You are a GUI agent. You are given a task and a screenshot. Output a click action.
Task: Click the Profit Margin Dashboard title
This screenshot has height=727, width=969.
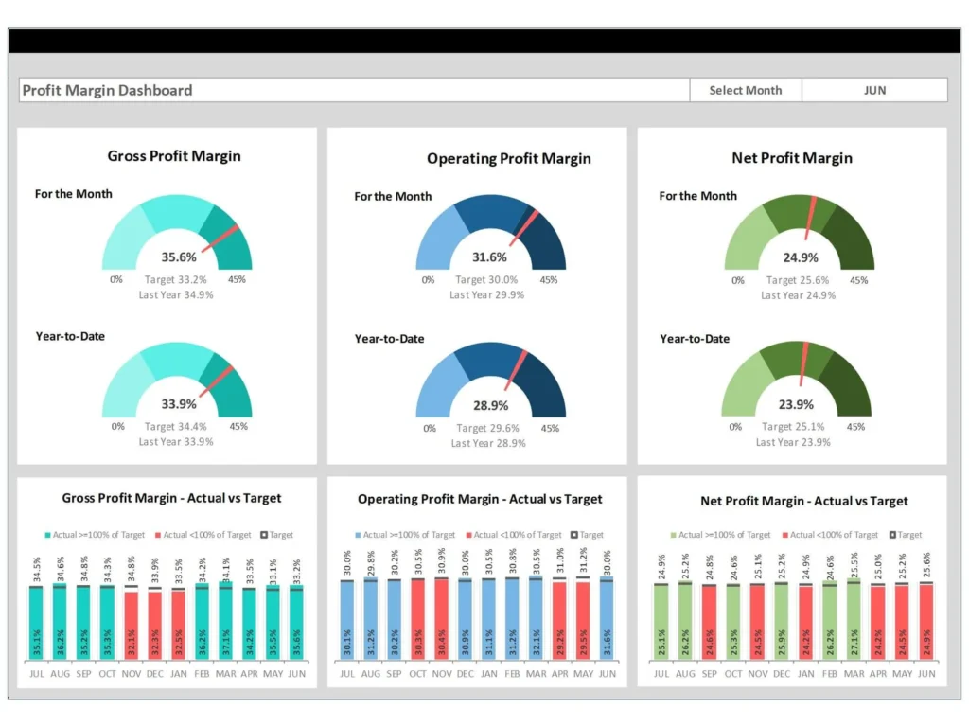click(107, 91)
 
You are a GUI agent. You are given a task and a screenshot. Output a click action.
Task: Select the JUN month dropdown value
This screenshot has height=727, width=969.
click(874, 90)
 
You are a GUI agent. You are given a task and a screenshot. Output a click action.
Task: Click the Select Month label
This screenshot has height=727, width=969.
click(746, 90)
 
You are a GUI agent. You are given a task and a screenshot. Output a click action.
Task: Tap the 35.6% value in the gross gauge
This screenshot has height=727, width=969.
click(179, 257)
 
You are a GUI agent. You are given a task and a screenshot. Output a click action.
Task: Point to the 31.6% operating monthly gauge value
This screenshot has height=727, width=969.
click(489, 257)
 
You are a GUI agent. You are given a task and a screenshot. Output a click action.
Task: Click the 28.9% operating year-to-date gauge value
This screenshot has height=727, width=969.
click(490, 405)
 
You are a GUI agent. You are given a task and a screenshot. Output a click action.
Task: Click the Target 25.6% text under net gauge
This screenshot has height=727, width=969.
click(798, 280)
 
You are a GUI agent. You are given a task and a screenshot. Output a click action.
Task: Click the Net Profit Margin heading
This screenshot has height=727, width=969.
click(791, 158)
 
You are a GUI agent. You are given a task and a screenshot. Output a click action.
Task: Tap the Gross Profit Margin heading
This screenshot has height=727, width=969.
click(174, 156)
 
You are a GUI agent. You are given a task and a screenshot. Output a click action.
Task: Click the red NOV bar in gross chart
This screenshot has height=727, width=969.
click(132, 625)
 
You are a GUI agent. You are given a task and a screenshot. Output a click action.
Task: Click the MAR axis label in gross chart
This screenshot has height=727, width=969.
click(225, 673)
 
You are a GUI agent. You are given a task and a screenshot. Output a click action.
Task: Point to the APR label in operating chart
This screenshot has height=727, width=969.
click(559, 673)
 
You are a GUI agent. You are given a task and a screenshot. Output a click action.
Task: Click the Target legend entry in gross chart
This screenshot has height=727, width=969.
click(275, 535)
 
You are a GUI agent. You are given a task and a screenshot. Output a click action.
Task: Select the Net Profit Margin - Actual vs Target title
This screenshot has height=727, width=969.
click(803, 501)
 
